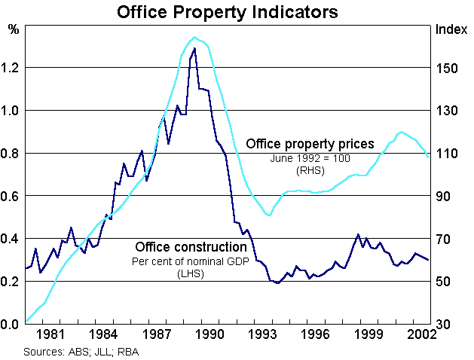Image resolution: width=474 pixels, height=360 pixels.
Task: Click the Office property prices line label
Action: (310, 144)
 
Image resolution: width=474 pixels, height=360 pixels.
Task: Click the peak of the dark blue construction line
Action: (194, 48)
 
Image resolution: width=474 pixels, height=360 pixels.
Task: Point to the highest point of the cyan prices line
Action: (194, 37)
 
